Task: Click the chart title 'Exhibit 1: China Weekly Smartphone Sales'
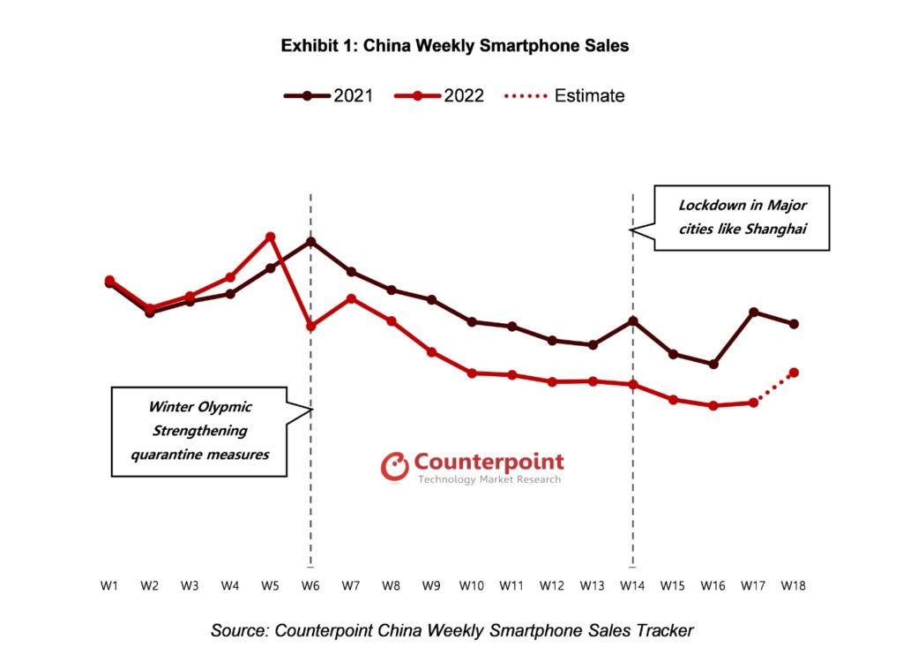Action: pos(455,46)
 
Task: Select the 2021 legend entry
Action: pos(329,96)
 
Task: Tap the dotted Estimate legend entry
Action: pos(564,96)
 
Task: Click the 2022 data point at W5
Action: pos(271,237)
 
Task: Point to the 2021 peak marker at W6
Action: pos(311,241)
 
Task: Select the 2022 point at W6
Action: pos(311,326)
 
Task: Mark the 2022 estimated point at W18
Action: pos(794,373)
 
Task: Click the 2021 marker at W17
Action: pos(754,312)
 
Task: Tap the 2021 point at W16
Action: pos(713,364)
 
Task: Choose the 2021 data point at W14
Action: pos(633,320)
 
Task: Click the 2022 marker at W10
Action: pos(472,373)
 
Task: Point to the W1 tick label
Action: pos(109,585)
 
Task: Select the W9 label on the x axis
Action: pos(431,585)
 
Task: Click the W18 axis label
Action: pos(794,585)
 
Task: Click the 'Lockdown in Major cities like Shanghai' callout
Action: pos(742,217)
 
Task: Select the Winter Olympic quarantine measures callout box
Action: pos(200,431)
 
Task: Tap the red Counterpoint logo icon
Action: pos(394,466)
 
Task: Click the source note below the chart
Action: pos(451,630)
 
